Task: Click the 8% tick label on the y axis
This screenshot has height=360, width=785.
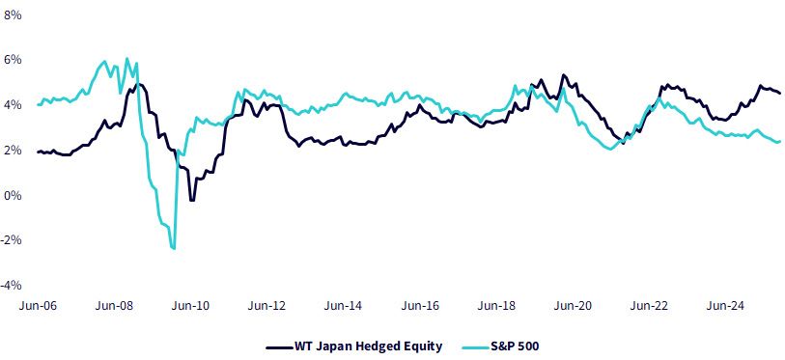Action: pyautogui.click(x=13, y=15)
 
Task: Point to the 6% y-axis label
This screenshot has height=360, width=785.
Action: pyautogui.click(x=13, y=60)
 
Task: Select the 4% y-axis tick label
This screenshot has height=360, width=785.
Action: pyautogui.click(x=13, y=105)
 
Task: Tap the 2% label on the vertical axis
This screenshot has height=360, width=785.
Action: pyautogui.click(x=13, y=151)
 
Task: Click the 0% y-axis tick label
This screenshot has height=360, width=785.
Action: pyautogui.click(x=13, y=195)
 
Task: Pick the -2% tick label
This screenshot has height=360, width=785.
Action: pyautogui.click(x=12, y=240)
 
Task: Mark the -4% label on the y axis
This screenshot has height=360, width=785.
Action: pyautogui.click(x=12, y=286)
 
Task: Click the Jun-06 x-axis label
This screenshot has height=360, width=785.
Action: pyautogui.click(x=38, y=305)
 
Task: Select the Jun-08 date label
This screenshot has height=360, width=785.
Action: pyautogui.click(x=115, y=305)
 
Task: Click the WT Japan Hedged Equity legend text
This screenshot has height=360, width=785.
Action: pyautogui.click(x=369, y=346)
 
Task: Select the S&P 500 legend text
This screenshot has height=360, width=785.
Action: pyautogui.click(x=518, y=346)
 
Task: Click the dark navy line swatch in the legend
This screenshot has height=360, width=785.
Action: pyautogui.click(x=279, y=346)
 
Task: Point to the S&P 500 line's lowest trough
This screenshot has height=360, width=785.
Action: pyautogui.click(x=174, y=248)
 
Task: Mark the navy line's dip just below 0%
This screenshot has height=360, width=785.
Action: pyautogui.click(x=192, y=201)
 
